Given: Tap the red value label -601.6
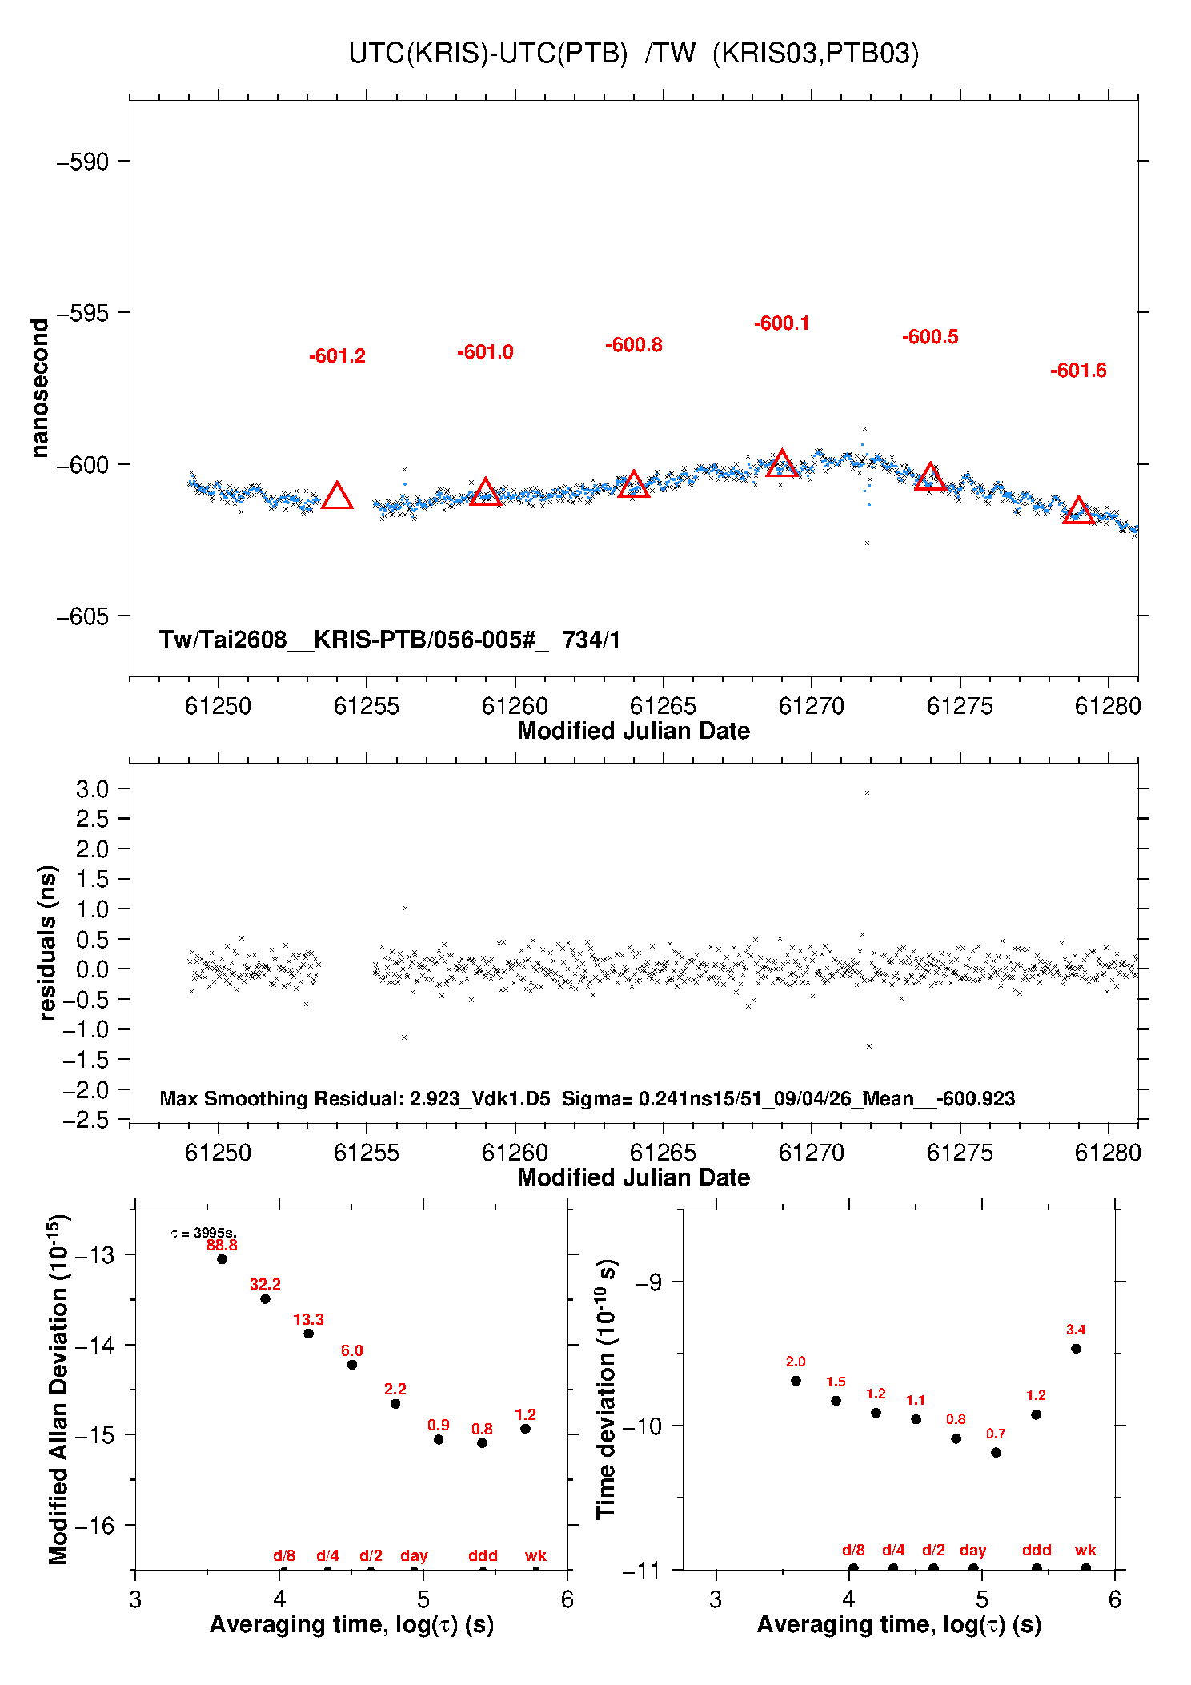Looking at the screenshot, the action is pos(1078,371).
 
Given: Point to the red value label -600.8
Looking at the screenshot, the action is pos(634,345).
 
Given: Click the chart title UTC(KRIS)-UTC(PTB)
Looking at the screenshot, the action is pos(488,54).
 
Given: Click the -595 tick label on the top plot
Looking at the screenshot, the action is pos(82,313).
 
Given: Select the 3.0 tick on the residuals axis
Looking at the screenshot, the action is pos(92,789).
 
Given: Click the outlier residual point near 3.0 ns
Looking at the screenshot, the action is pos(867,793).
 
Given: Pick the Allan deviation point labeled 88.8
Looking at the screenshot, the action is pos(222,1259).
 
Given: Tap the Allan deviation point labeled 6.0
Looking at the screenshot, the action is pos(352,1365).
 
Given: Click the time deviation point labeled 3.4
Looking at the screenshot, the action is pos(1077,1349).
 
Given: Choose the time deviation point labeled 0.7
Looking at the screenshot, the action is pos(997,1453).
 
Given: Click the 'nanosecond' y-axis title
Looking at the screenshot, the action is pos(39,388).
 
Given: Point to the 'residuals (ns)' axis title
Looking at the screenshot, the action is pos(48,943).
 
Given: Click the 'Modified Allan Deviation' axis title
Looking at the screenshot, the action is pos(58,1390).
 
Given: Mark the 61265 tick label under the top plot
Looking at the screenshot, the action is pos(663,706).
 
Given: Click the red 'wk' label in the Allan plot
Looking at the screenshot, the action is pos(535,1555).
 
